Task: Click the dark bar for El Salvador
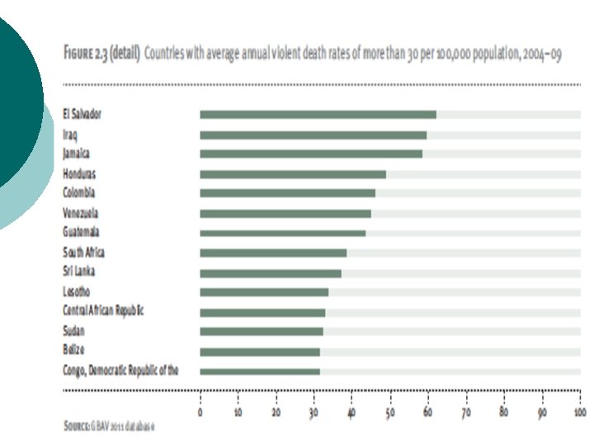[x=318, y=115]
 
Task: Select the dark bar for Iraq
[x=313, y=135]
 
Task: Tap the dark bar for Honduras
[x=293, y=174]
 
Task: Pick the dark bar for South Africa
[x=273, y=253]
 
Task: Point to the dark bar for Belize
[x=260, y=352]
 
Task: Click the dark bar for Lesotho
[x=264, y=292]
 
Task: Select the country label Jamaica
[x=76, y=154]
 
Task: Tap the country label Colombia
[x=79, y=192]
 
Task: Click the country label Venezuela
[x=80, y=213]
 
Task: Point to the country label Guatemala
[x=81, y=232]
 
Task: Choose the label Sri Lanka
[x=79, y=271]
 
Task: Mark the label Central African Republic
[x=103, y=311]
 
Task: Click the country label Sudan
[x=73, y=330]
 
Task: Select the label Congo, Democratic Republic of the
[x=120, y=370]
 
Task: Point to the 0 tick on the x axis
[x=200, y=412]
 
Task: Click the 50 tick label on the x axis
[x=390, y=412]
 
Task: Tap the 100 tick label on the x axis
[x=580, y=412]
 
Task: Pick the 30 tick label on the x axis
[x=313, y=412]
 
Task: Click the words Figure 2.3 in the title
[x=86, y=53]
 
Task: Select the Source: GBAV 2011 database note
[x=109, y=426]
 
